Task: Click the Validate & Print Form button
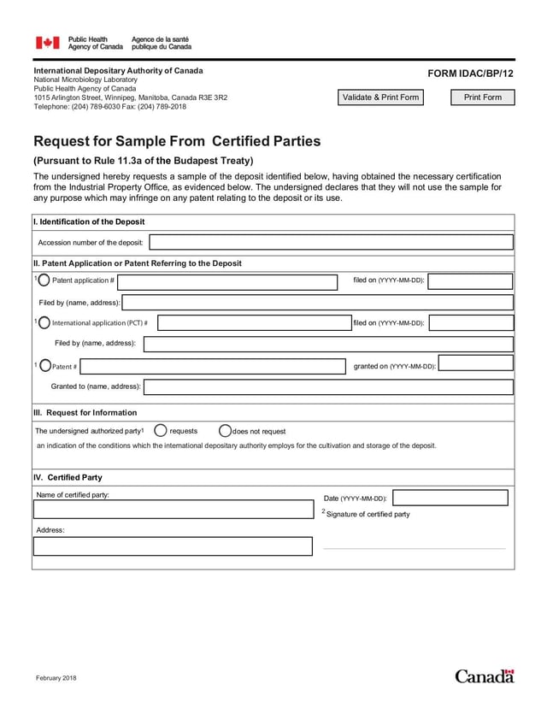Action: click(x=380, y=97)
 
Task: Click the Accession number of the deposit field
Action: click(x=331, y=243)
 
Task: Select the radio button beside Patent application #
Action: click(x=44, y=280)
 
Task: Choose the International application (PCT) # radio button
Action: click(x=44, y=322)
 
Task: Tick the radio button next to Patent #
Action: click(x=44, y=366)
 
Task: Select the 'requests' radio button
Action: click(x=160, y=431)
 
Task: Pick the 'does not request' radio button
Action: click(x=226, y=431)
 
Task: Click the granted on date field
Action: click(x=476, y=363)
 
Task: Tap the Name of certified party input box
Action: click(x=173, y=510)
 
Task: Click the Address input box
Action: click(x=173, y=546)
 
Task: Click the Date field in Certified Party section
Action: click(x=450, y=498)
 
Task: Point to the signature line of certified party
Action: click(x=415, y=546)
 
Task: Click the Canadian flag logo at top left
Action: click(x=47, y=43)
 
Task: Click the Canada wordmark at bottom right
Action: click(x=484, y=676)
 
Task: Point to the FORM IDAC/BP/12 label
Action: click(x=472, y=74)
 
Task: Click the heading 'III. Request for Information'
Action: click(x=85, y=412)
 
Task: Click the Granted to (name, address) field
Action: click(x=328, y=387)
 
